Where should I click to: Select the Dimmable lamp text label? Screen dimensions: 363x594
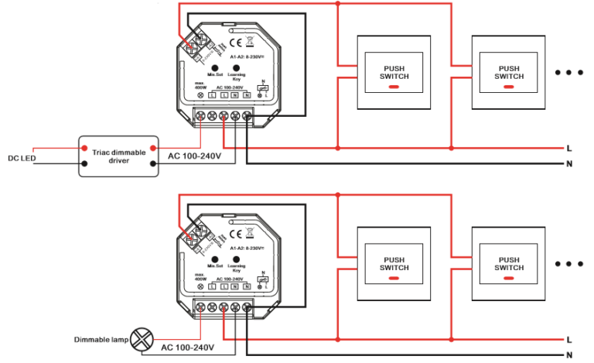pyautogui.click(x=101, y=339)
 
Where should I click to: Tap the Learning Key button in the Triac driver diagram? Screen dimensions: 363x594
pyautogui.click(x=236, y=67)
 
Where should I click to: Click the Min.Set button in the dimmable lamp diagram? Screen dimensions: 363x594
pyautogui.click(x=214, y=259)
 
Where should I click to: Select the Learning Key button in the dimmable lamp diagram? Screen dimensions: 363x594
pyautogui.click(x=236, y=259)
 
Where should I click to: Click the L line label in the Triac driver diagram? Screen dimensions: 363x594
pyautogui.click(x=569, y=147)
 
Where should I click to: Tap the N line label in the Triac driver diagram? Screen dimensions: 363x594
pyautogui.click(x=569, y=163)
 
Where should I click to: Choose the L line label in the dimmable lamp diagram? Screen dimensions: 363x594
pyautogui.click(x=569, y=339)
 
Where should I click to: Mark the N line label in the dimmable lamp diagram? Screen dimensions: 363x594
pyautogui.click(x=569, y=354)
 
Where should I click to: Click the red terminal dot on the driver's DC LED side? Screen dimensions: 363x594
pyautogui.click(x=84, y=147)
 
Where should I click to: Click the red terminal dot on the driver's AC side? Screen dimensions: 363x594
pyautogui.click(x=153, y=147)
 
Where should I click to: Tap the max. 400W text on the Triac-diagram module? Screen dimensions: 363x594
pyautogui.click(x=200, y=85)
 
